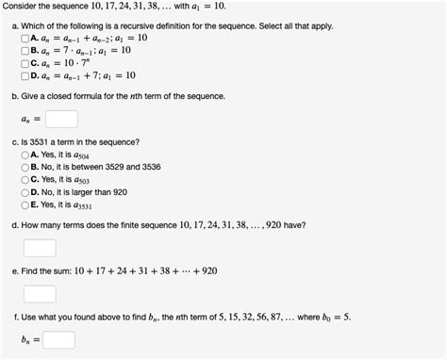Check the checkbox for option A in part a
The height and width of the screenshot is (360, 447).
(25, 39)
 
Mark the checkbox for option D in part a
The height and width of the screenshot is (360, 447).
(25, 75)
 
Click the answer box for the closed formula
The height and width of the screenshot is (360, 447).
(60, 119)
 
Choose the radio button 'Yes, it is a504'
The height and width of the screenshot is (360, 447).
(25, 154)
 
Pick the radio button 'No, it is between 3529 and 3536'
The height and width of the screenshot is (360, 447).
(25, 166)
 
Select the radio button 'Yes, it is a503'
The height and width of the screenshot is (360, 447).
(25, 178)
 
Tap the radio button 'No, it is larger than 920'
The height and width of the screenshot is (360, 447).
(25, 190)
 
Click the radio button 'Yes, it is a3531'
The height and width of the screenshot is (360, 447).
(25, 203)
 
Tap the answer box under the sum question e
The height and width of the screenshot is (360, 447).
(39, 293)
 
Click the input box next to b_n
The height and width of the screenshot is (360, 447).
(58, 339)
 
